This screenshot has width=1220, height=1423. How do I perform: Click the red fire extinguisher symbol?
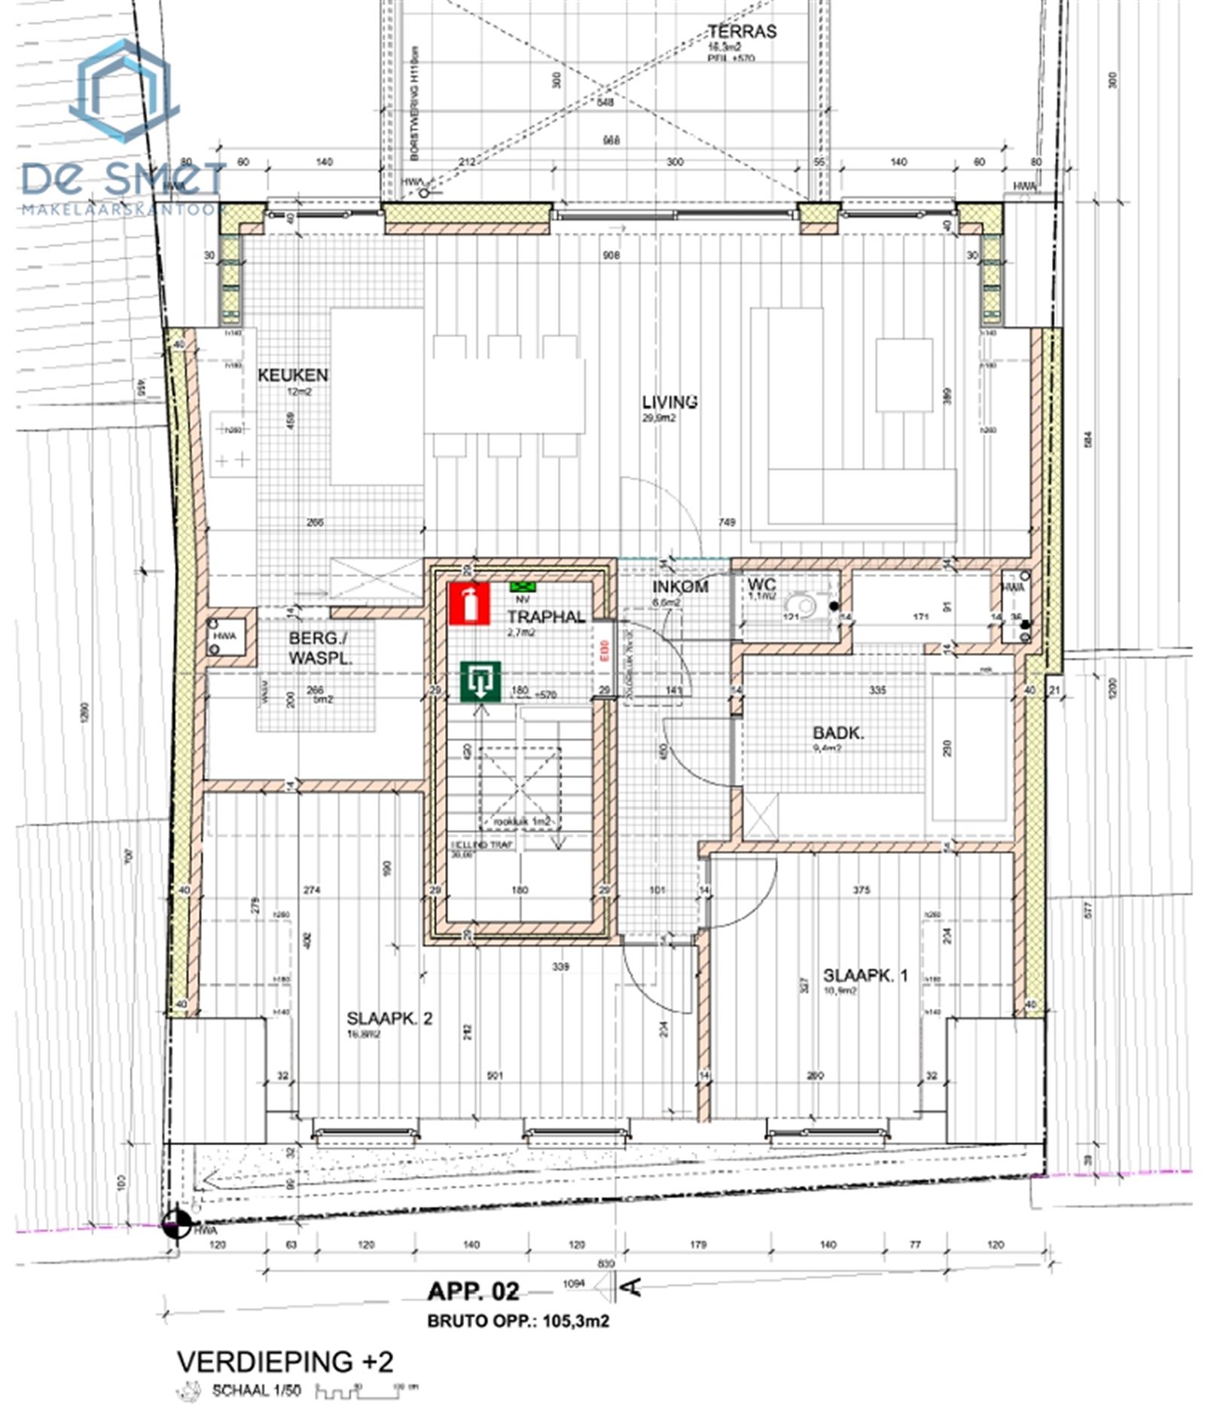point(469,603)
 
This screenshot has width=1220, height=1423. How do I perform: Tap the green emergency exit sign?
point(480,682)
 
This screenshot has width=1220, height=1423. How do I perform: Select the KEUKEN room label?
point(293,375)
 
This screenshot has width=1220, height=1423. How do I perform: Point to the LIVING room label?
point(669,402)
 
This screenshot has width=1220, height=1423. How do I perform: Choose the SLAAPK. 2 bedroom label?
point(389,1018)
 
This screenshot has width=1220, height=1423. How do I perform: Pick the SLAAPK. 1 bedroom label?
point(865,976)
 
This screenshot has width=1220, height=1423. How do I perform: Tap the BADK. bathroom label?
point(838,733)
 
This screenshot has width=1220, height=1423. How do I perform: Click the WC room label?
point(761,585)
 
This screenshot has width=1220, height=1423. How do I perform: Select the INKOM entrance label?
point(680,586)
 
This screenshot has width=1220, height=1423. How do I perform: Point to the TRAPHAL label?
point(545,617)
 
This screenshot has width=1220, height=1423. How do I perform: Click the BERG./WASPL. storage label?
point(320,648)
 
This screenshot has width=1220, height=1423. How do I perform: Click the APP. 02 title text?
point(473,1292)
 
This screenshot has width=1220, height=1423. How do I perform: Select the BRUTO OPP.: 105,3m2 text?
point(518,1321)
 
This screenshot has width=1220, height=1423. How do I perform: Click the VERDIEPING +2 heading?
point(285,1361)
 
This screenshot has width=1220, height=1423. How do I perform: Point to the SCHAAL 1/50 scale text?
point(256,1391)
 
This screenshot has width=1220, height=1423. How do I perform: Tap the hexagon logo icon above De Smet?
point(124,92)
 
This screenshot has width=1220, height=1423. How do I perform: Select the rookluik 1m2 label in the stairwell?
point(521,821)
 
